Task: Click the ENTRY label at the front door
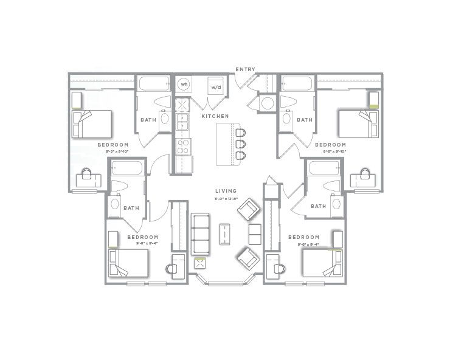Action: pyautogui.click(x=246, y=70)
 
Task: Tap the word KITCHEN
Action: pyautogui.click(x=215, y=116)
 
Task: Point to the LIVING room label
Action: pyautogui.click(x=225, y=191)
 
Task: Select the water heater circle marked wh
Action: pyautogui.click(x=184, y=85)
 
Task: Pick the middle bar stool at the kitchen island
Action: pyautogui.click(x=240, y=144)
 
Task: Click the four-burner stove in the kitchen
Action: pyautogui.click(x=183, y=146)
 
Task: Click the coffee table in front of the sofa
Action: pyautogui.click(x=225, y=234)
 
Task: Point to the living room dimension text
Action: pyautogui.click(x=225, y=199)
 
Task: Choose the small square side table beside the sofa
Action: pyautogui.click(x=199, y=264)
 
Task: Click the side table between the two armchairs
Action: pyautogui.click(x=255, y=234)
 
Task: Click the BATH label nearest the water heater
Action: pyautogui.click(x=148, y=120)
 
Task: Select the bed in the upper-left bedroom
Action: pyautogui.click(x=92, y=123)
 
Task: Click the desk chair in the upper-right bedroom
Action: pyautogui.click(x=365, y=174)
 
